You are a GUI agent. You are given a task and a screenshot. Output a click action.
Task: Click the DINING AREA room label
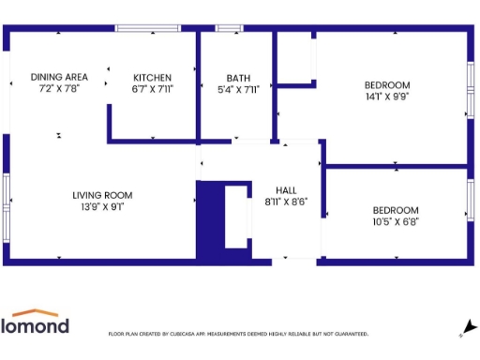click(59, 77)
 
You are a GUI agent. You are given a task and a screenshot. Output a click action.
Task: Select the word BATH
click(238, 77)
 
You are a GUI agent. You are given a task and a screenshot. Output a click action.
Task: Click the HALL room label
click(286, 188)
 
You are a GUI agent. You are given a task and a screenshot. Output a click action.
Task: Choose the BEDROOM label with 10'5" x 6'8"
click(396, 210)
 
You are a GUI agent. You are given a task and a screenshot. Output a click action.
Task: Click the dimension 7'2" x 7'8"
click(59, 88)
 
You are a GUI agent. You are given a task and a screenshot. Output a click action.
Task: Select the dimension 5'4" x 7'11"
click(238, 89)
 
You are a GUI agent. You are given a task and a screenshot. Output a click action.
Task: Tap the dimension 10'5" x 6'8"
click(396, 222)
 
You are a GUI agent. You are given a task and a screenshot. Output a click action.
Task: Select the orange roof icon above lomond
click(35, 312)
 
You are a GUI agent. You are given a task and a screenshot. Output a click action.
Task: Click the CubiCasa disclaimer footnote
click(238, 334)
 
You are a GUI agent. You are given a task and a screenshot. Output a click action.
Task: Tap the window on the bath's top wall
click(230, 29)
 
